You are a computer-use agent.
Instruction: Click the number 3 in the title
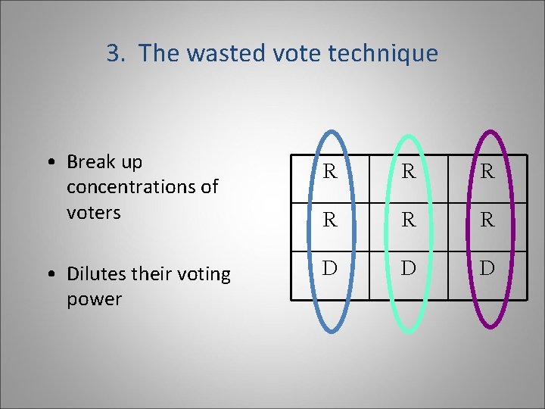click(x=114, y=54)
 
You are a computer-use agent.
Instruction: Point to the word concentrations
click(x=142, y=187)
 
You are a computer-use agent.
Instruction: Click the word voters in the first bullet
click(x=94, y=213)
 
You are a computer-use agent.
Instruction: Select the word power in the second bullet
click(x=94, y=299)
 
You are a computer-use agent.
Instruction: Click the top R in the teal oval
click(x=409, y=172)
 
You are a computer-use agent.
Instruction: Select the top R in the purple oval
click(x=487, y=172)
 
